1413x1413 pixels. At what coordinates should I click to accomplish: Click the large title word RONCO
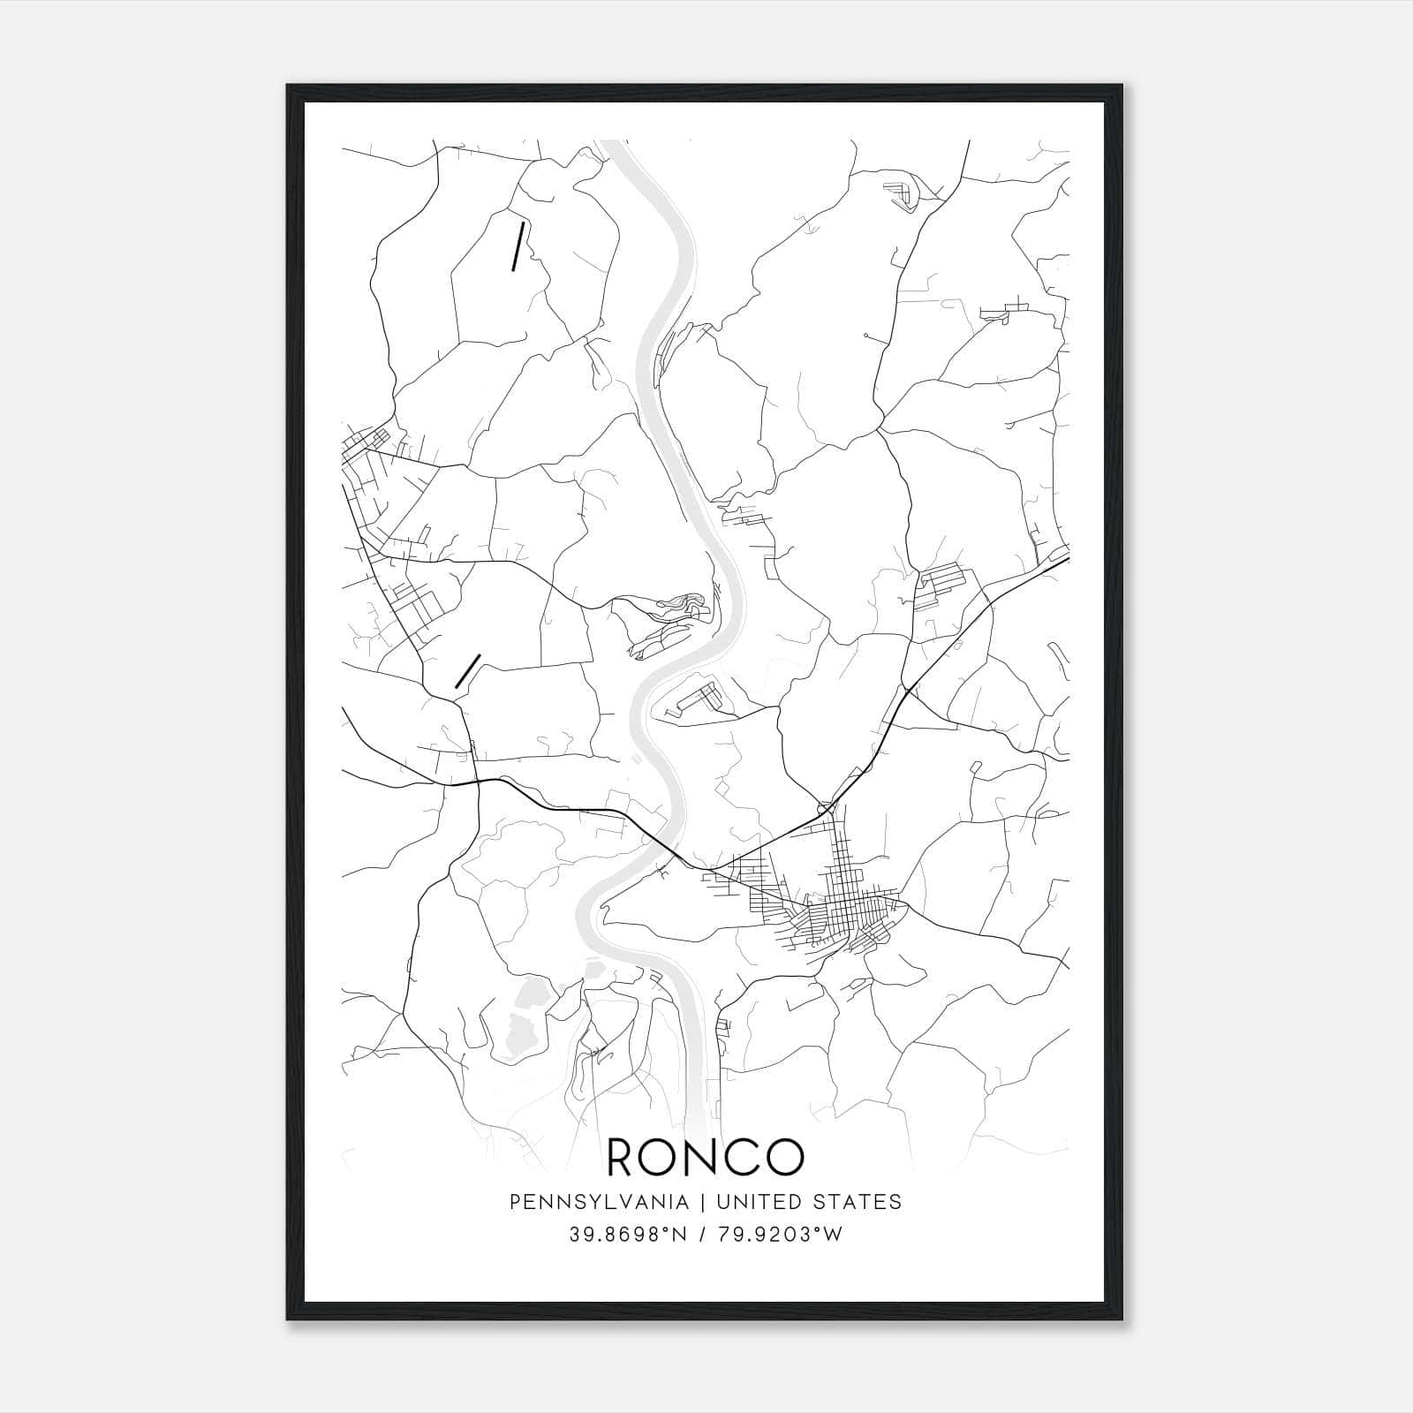706,1156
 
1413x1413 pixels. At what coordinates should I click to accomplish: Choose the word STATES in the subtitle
858,1201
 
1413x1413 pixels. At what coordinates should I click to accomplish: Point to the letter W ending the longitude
834,1234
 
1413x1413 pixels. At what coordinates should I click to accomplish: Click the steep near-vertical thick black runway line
518,246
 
